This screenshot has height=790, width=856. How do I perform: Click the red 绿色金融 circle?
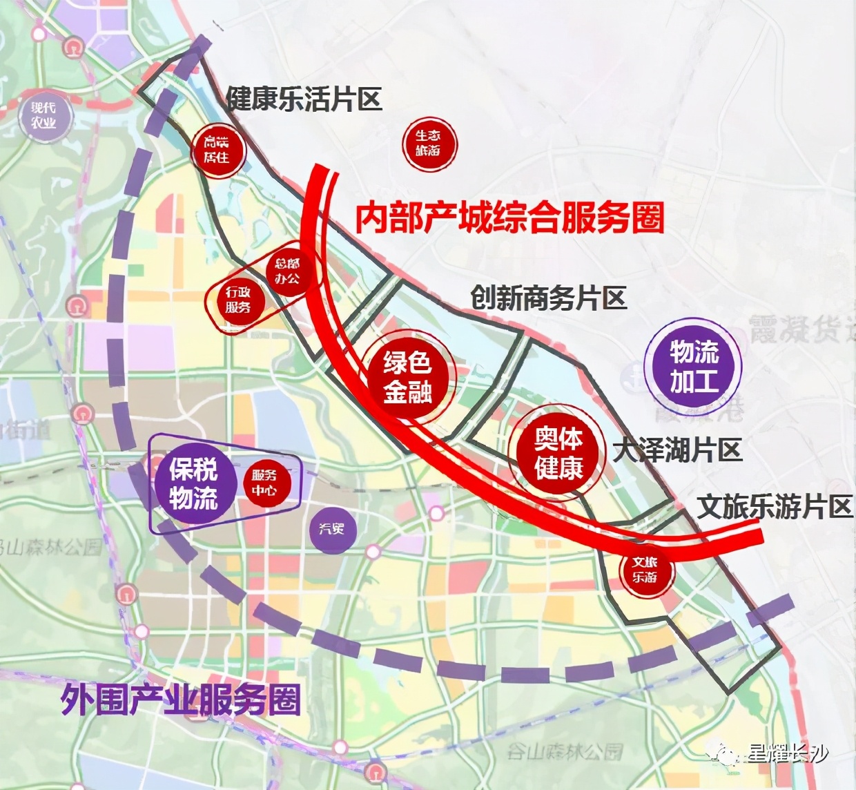click(408, 376)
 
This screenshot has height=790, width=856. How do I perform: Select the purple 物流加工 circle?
click(693, 366)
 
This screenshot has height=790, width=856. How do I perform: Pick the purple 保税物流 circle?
click(194, 483)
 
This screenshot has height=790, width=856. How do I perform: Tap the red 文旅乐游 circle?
click(645, 570)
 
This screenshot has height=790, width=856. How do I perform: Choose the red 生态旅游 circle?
click(429, 143)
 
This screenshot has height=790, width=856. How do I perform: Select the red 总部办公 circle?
click(288, 271)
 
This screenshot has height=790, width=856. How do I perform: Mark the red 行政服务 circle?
click(237, 300)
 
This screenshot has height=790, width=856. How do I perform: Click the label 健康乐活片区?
click(304, 99)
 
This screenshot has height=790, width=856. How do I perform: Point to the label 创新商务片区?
click(549, 298)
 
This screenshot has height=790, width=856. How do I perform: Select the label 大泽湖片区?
click(678, 451)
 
